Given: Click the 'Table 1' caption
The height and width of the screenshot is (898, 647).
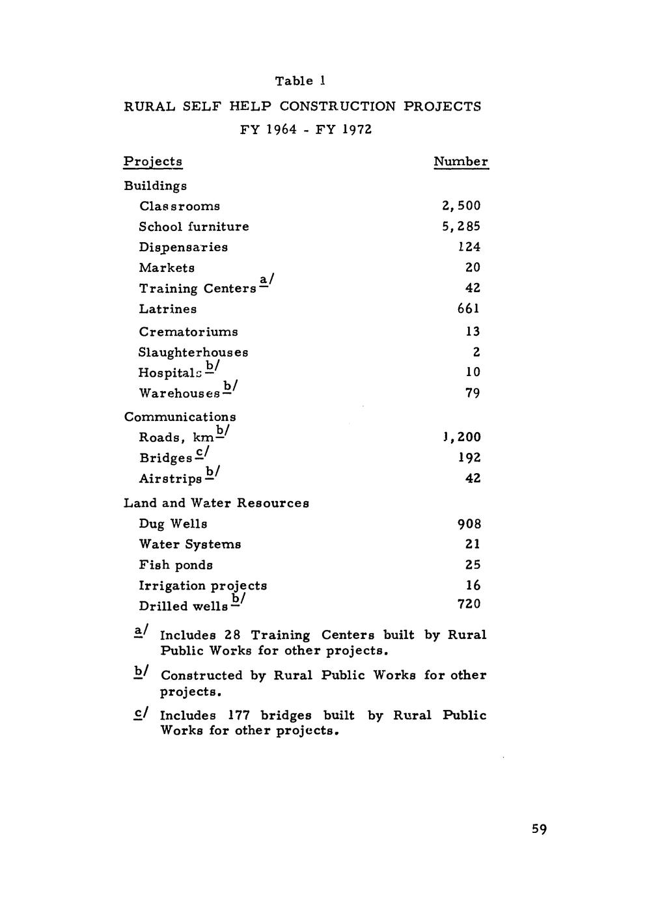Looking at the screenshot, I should click(300, 81).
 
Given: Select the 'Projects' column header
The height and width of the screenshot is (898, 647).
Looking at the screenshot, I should click(153, 161).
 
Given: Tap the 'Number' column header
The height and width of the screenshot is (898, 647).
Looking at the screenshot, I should click(461, 161).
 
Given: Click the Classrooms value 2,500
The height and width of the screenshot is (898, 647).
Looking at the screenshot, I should click(461, 206).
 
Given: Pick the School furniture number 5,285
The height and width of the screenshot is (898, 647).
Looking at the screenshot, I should click(461, 226).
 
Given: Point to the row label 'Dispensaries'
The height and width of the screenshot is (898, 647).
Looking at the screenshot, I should click(183, 247).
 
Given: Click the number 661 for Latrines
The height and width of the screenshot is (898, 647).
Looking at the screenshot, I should click(469, 308).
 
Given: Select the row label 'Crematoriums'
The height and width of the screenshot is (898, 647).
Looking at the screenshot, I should click(188, 332).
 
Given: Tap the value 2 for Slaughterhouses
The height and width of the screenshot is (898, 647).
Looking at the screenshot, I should click(476, 352).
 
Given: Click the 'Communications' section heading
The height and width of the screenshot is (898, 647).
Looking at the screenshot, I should click(180, 416).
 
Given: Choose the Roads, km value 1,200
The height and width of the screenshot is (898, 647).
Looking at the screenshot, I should click(461, 437).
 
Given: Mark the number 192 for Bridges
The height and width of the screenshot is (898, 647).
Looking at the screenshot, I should click(469, 457).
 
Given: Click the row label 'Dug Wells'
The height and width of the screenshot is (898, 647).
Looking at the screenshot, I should click(173, 524).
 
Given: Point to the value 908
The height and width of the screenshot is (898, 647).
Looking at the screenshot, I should click(469, 524).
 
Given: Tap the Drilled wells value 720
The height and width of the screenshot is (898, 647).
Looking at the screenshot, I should click(469, 605).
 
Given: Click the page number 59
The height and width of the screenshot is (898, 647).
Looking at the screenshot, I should click(539, 829).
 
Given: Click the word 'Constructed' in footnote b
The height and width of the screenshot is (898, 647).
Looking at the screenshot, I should click(200, 675).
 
